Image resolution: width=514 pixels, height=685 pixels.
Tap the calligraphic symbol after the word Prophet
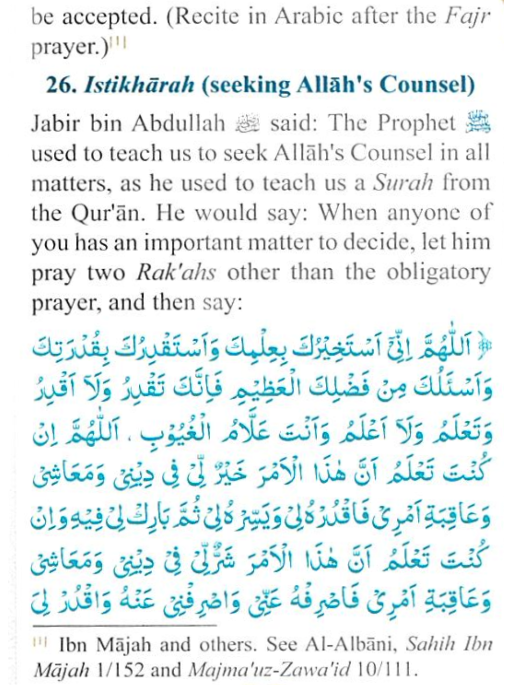click(x=479, y=124)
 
